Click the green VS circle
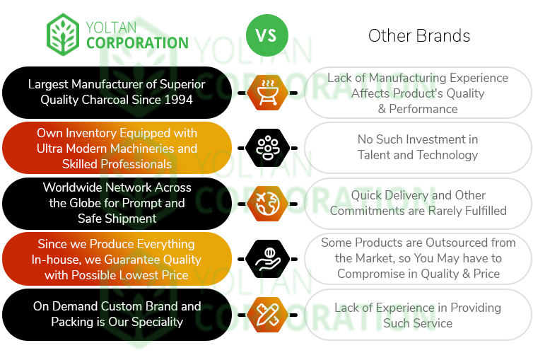coord(266,34)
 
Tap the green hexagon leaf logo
coord(63,34)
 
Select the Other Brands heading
coord(419,35)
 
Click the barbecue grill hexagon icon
coord(266,93)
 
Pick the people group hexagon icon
coord(266,148)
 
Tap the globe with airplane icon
coord(266,203)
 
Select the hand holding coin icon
coord(266,258)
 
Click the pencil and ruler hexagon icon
coord(266,314)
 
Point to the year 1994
coord(177,100)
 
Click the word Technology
coord(445,155)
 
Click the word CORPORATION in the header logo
coord(137,42)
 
